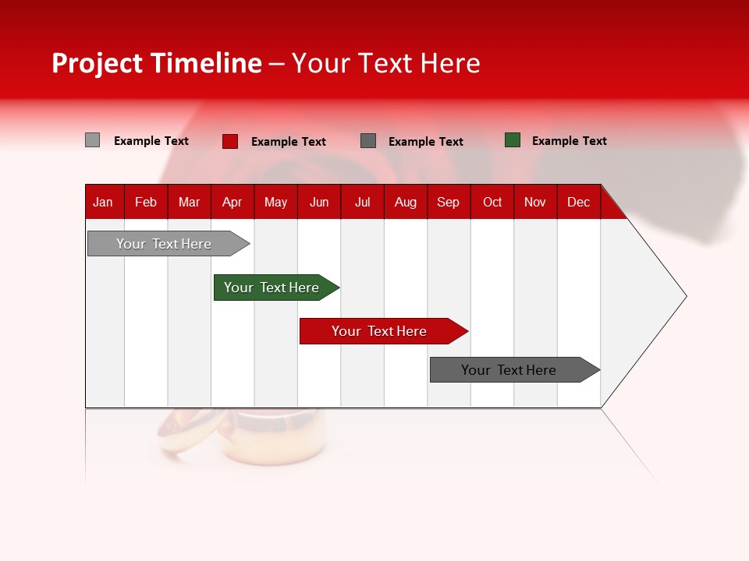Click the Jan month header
[x=103, y=202]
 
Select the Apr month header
[x=232, y=202]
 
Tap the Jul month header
[x=362, y=202]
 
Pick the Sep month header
[x=448, y=202]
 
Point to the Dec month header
[x=578, y=202]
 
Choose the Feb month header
[x=146, y=202]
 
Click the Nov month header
[x=534, y=202]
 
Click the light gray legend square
[x=92, y=140]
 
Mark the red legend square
[x=230, y=141]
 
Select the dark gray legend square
[x=368, y=141]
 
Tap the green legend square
[x=513, y=140]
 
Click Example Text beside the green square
[x=569, y=141]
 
